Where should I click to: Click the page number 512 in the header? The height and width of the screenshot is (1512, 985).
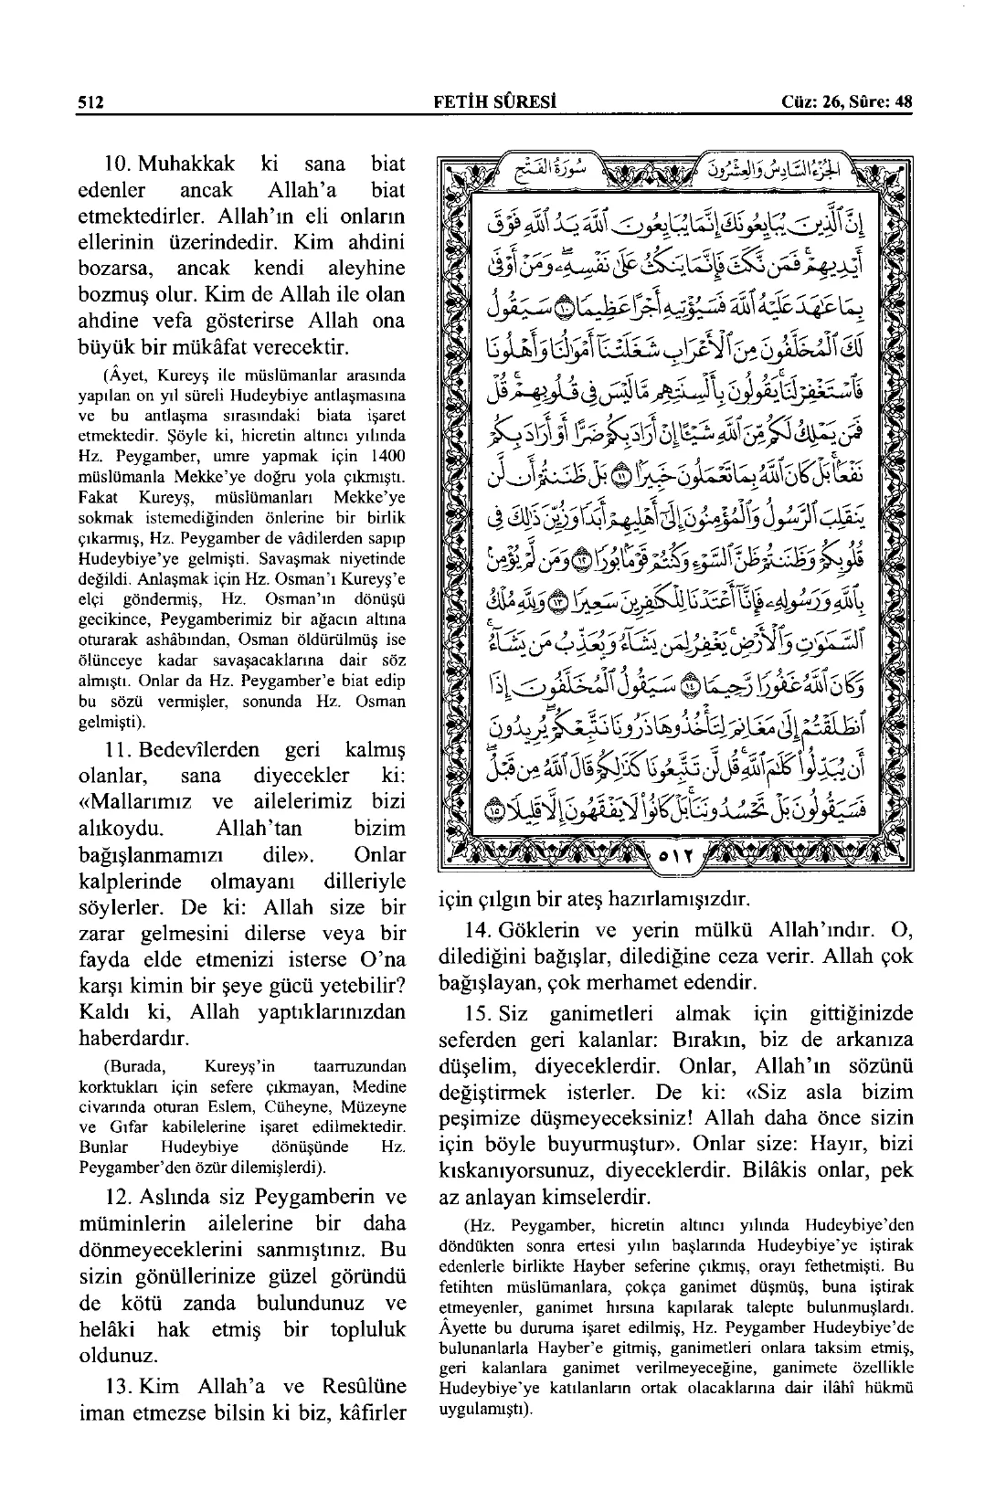click(x=90, y=101)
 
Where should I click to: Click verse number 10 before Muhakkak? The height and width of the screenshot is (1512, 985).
click(x=118, y=165)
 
